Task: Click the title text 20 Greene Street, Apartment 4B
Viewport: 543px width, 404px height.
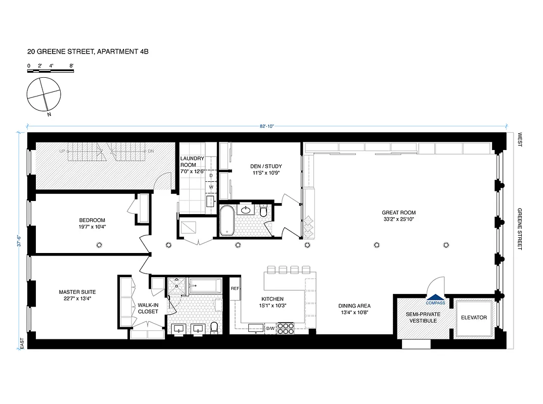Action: click(x=88, y=52)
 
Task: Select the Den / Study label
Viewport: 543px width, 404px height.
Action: click(x=265, y=169)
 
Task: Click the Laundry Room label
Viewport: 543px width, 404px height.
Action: click(x=192, y=164)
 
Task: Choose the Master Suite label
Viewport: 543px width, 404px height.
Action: click(x=77, y=295)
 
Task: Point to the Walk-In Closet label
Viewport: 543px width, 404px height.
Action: click(x=148, y=308)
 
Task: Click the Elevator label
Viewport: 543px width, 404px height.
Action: click(x=474, y=318)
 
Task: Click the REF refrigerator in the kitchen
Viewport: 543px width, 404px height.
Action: click(x=235, y=289)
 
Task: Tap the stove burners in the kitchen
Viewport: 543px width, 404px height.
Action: click(x=287, y=328)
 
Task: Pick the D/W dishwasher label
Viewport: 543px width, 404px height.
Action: click(x=270, y=329)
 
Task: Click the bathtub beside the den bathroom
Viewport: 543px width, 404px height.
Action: click(x=227, y=220)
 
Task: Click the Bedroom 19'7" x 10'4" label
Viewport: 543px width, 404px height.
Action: click(x=92, y=223)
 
